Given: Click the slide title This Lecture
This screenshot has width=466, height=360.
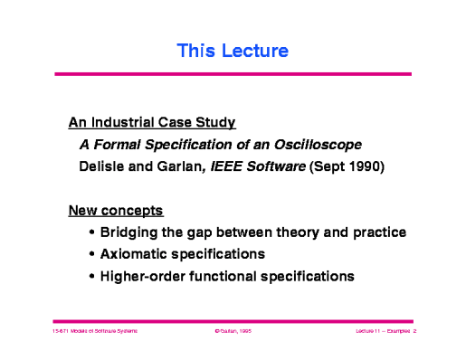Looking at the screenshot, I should point(233,52).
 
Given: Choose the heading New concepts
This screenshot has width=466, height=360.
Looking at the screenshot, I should point(116,212).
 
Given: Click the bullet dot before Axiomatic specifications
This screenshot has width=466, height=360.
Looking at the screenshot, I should point(94,255).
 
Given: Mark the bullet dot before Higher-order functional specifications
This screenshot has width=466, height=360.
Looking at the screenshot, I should point(94,277).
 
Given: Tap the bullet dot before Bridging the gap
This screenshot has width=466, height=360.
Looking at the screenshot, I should point(94,234).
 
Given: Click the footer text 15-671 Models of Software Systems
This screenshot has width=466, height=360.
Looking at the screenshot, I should point(94,332).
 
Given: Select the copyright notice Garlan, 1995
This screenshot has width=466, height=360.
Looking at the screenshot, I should point(233,332).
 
